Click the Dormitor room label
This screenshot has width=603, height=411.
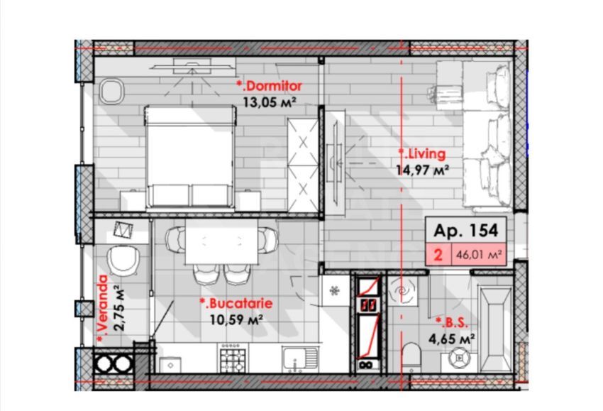pos(272,86)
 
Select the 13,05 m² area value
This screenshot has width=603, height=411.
pos(269,102)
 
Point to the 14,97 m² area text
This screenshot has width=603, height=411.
pos(424,170)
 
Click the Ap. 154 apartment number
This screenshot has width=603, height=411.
pos(465,230)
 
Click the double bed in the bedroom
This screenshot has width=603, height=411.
pos(189,156)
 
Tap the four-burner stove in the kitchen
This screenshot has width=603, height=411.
pos(232,355)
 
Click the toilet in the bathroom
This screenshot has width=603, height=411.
pos(411,355)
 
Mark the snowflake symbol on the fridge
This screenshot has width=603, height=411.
pos(335,290)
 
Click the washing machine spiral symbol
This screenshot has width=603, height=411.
pos(402,291)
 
